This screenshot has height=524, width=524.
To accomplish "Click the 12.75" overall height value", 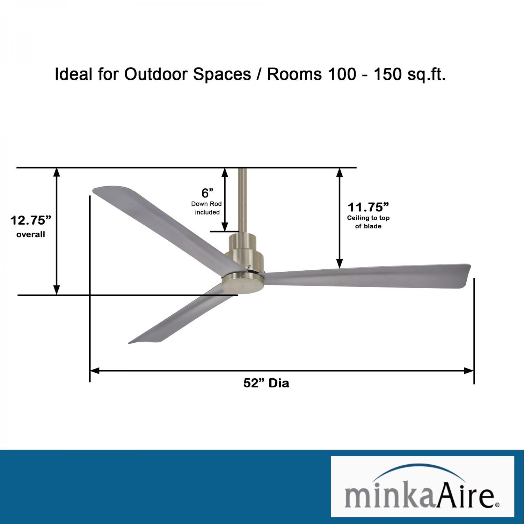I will [x=31, y=220].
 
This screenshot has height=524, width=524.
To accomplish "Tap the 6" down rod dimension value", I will [x=207, y=193].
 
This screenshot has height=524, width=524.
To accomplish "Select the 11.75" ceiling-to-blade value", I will [x=368, y=207].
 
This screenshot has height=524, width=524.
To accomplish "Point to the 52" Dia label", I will [x=266, y=383].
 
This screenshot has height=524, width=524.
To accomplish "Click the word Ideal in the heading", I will [x=74, y=74].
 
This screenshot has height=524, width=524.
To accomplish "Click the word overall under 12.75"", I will [x=31, y=234].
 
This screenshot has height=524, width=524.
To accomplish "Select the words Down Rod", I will [x=206, y=204].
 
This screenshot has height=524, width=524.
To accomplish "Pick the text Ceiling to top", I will [x=368, y=218].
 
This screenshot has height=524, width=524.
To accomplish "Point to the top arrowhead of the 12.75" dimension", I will [x=57, y=172].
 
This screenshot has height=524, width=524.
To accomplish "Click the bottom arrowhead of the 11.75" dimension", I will [x=340, y=264].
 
